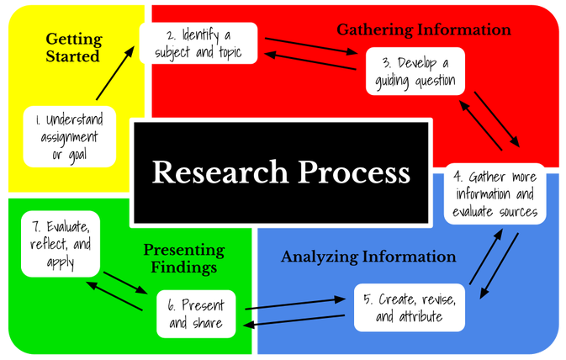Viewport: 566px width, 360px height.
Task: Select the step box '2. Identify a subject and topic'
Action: (198, 43)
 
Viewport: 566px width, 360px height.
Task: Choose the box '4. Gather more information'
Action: (495, 193)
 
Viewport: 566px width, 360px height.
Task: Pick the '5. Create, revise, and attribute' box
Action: (409, 309)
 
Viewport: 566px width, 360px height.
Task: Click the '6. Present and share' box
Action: (196, 315)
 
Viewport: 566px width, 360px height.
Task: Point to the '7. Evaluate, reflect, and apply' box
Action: (61, 244)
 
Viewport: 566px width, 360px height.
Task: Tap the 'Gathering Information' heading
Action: (424, 30)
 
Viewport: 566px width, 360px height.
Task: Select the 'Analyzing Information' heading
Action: (369, 257)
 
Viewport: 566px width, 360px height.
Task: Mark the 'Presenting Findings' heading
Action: (184, 258)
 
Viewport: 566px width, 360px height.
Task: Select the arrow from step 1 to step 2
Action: (114, 74)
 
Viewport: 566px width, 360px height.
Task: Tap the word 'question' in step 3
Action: (429, 82)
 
